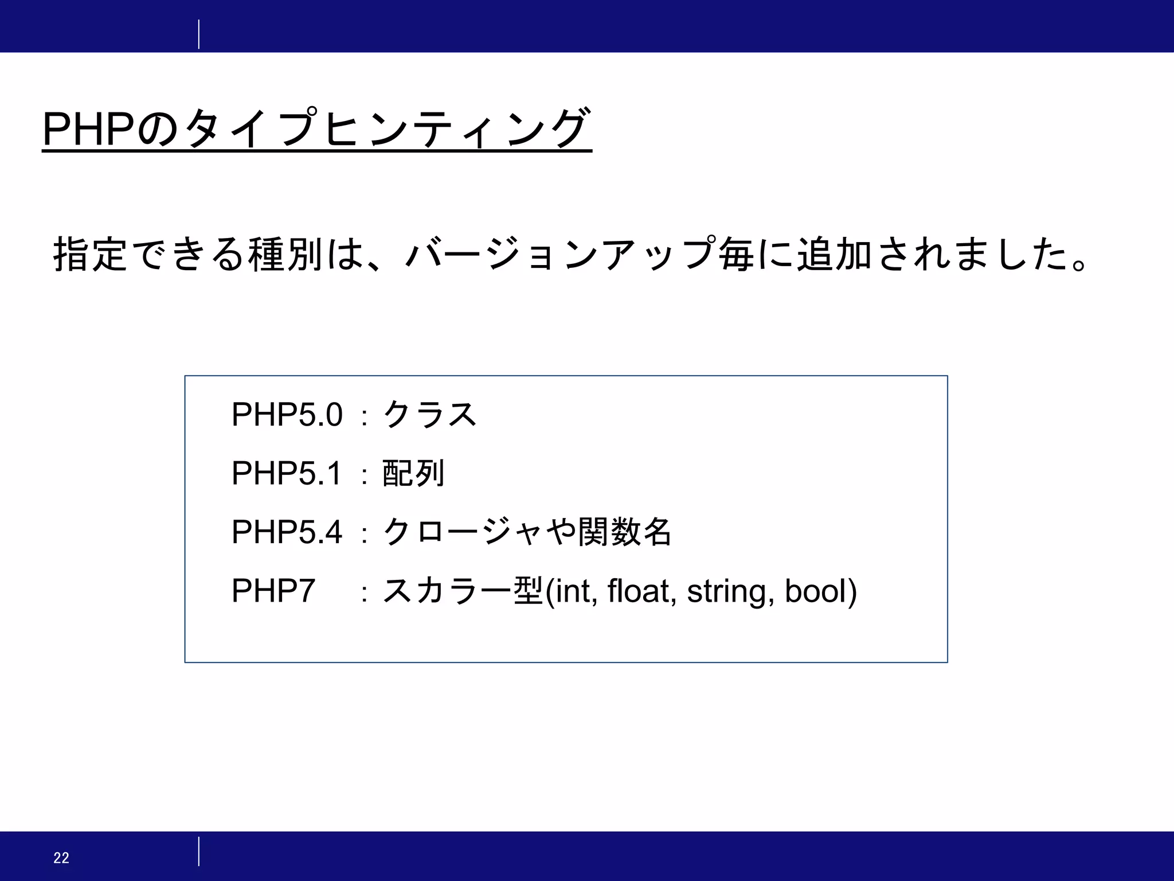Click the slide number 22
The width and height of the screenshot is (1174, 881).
(61, 857)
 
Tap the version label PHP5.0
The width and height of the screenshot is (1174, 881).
(287, 414)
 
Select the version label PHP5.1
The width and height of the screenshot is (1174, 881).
(287, 473)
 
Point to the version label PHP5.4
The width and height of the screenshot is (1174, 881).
(287, 532)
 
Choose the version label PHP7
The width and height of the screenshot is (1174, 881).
(273, 591)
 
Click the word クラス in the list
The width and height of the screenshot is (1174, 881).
(429, 414)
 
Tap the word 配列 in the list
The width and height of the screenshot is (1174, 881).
(413, 473)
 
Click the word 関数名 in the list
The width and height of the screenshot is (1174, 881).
(624, 532)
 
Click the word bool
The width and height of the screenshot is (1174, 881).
(816, 591)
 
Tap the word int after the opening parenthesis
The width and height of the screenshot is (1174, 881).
(576, 591)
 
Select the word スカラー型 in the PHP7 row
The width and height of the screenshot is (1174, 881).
(462, 591)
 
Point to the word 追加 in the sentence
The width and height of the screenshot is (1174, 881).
(835, 254)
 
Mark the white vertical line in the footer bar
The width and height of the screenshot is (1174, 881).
(199, 851)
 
